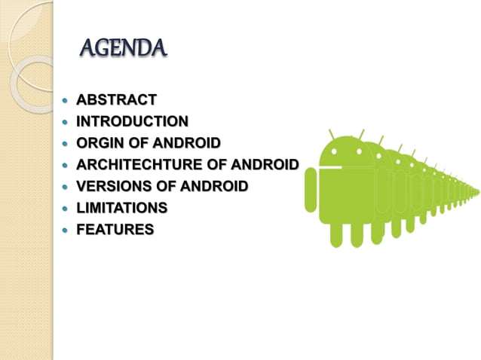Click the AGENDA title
pyautogui.click(x=122, y=50)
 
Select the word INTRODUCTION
pyautogui.click(x=132, y=121)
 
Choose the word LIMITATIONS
pyautogui.click(x=121, y=208)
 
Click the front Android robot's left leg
pyautogui.click(x=337, y=234)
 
